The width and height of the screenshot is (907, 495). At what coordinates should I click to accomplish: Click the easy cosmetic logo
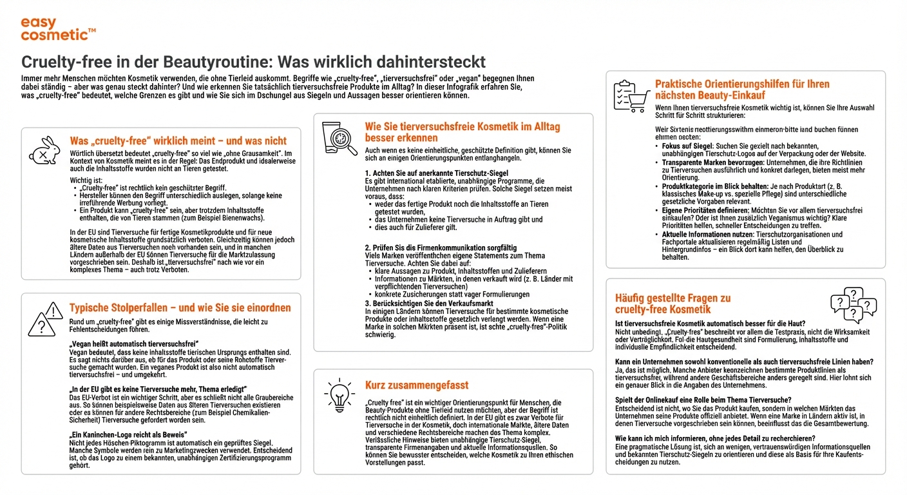tap(58, 29)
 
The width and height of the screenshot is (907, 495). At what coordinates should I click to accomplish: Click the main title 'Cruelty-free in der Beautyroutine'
tap(253, 63)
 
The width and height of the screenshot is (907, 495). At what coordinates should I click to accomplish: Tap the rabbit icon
tap(44, 150)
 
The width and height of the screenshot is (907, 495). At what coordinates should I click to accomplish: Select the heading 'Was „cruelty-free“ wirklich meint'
tap(178, 141)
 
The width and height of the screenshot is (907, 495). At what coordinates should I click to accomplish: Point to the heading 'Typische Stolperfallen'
tap(180, 308)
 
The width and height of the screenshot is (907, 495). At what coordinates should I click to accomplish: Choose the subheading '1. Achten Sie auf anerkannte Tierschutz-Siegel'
tap(436, 173)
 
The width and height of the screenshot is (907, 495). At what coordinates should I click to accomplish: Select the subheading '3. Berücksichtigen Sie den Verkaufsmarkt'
tap(429, 303)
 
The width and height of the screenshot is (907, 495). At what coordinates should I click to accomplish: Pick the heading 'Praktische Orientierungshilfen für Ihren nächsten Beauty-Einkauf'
tap(742, 89)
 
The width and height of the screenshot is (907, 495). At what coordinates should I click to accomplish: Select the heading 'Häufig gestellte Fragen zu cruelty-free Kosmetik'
tap(673, 304)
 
